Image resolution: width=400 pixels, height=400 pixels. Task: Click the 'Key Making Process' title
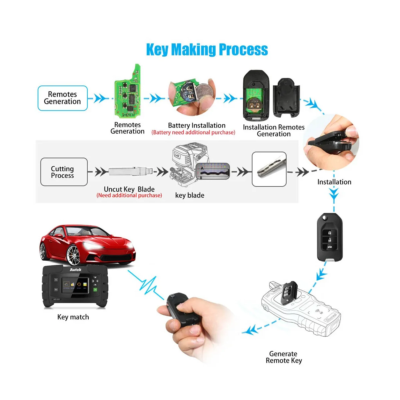coord(207,50)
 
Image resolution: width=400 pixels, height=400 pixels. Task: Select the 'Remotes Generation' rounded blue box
coord(62,98)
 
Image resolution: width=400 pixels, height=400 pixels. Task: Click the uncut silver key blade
coord(130,172)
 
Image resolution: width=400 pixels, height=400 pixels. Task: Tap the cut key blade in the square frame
coord(269,169)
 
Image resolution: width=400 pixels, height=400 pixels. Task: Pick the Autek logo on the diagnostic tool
coord(75,269)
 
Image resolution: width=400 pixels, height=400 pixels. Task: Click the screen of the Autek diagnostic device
coord(76,286)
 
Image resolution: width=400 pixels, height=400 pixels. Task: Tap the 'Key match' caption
coord(73,317)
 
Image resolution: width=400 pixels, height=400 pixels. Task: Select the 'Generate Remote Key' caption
coord(284,357)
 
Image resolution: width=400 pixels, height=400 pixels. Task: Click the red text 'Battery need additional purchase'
coord(193,133)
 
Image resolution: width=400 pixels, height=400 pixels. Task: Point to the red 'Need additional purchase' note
coord(129,195)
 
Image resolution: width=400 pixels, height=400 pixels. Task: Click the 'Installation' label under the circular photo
coord(334,182)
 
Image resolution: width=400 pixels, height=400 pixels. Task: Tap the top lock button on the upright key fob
coord(329,232)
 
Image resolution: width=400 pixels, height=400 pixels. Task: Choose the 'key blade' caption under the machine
coord(190,195)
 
